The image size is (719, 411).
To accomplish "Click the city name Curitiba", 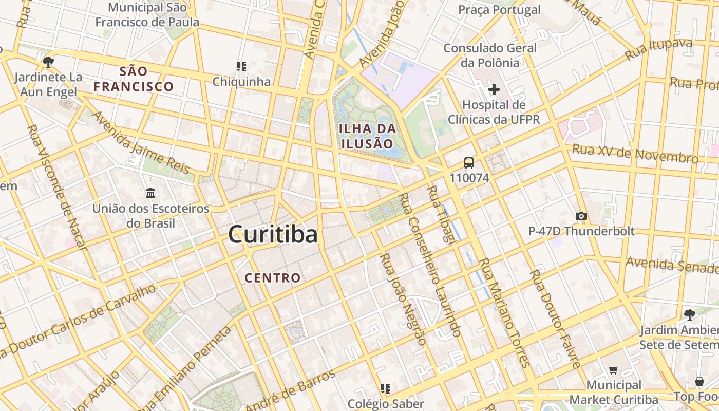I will [273, 235].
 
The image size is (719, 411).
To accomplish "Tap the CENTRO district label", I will [272, 278].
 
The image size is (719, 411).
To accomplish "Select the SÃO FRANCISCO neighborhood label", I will [134, 79].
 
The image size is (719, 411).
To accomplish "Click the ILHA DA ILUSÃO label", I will [367, 136].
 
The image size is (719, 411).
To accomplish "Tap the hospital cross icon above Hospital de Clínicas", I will [494, 89].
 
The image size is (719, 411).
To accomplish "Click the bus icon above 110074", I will [469, 163].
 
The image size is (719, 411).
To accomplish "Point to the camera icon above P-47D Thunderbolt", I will [581, 216].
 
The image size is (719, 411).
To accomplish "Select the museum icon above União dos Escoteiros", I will [150, 193].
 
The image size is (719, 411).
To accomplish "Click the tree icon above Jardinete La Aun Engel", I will [48, 62].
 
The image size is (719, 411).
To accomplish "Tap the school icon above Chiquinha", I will [241, 66].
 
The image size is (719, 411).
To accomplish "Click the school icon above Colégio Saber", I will [386, 388].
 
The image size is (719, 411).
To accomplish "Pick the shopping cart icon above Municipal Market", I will [613, 370].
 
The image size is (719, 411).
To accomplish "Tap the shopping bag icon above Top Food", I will [699, 381].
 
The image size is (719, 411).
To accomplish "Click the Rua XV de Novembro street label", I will [635, 153].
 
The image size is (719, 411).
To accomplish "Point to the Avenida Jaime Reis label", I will [140, 142].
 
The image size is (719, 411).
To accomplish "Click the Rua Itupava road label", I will [658, 49].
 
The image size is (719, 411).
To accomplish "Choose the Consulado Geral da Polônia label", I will [490, 55].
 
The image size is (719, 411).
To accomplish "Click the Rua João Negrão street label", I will [403, 299].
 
